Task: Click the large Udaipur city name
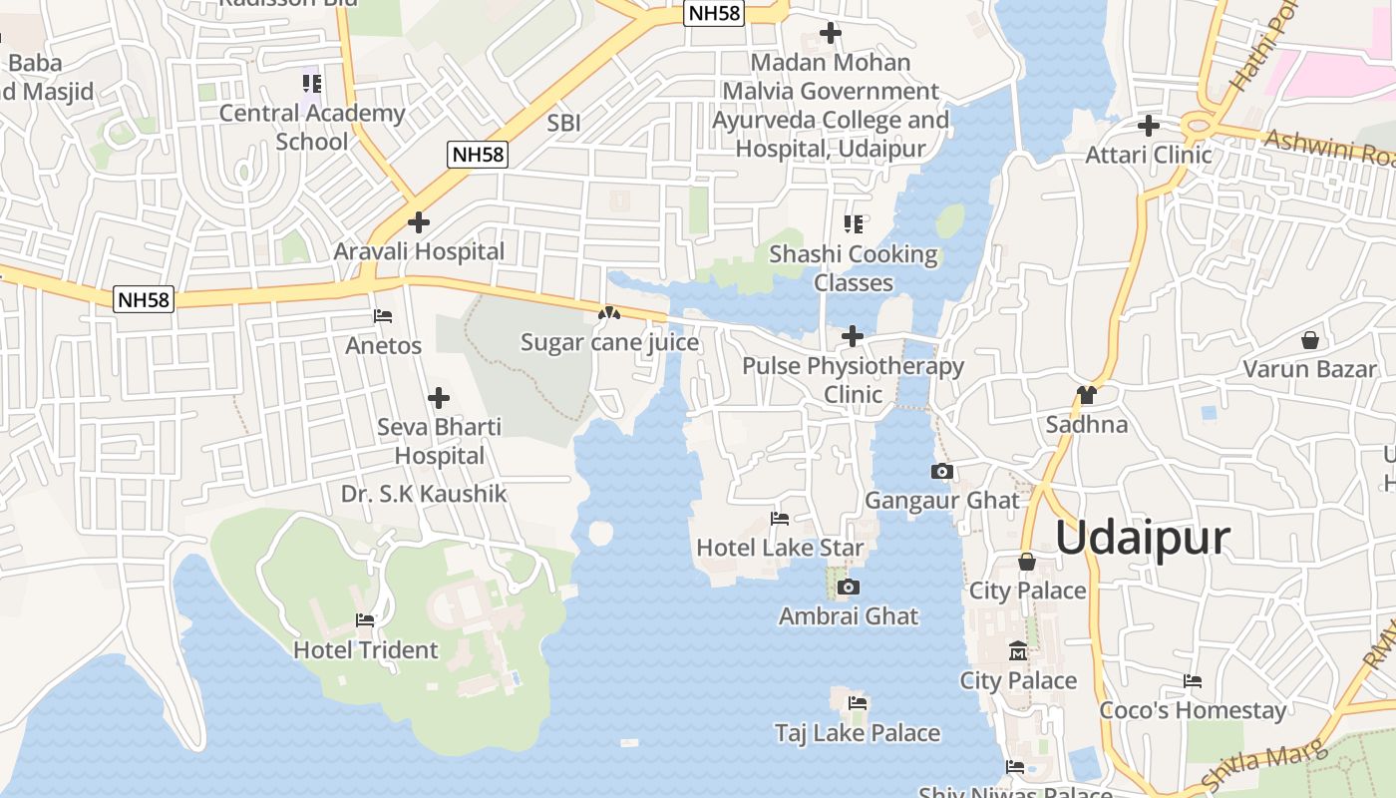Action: tap(1143, 538)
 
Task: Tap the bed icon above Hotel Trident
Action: tap(365, 620)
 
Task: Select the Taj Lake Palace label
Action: tap(858, 733)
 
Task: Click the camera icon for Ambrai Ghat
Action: tap(849, 588)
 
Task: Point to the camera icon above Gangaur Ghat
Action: tap(941, 471)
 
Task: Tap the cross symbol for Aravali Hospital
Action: tap(419, 222)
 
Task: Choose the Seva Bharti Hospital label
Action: tap(439, 442)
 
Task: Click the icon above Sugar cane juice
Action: tap(608, 313)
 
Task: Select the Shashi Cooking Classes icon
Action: tap(853, 224)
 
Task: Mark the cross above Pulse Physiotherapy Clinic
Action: tap(853, 336)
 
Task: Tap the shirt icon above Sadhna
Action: tap(1086, 395)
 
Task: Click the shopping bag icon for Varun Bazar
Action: tap(1310, 340)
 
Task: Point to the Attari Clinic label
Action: tap(1149, 156)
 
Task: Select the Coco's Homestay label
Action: tap(1193, 710)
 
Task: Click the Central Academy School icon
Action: tap(311, 84)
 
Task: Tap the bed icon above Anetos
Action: tap(383, 316)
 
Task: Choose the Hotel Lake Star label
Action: tap(780, 548)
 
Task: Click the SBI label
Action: tap(564, 124)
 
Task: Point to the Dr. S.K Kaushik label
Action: tap(424, 494)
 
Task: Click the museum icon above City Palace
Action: tap(1018, 650)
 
